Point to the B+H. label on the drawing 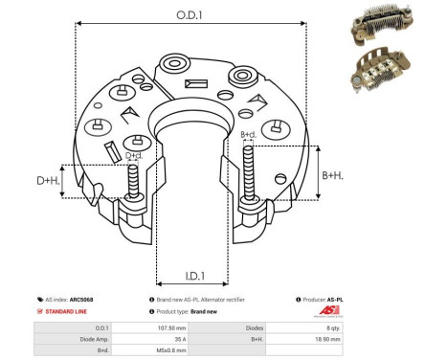(x=332, y=174)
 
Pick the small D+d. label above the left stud (x=134, y=155)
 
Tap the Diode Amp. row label (x=81, y=339)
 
